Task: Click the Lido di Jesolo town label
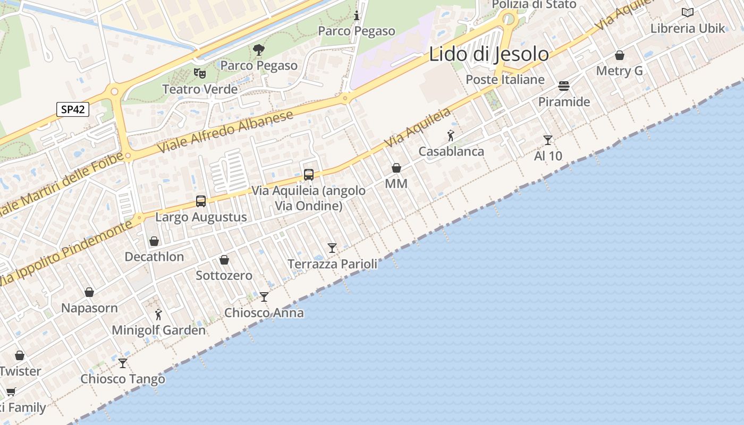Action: (x=489, y=54)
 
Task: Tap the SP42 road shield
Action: (x=73, y=109)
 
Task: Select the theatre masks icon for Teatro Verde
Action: (x=200, y=73)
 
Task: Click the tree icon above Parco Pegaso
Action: (x=259, y=50)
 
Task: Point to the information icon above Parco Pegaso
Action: (x=357, y=15)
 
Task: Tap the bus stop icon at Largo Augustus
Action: (x=201, y=201)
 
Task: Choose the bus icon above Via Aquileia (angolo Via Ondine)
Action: (x=309, y=174)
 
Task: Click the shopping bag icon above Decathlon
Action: (x=154, y=241)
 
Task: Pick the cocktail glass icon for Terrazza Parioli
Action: (x=332, y=248)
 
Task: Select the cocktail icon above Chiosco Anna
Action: (x=264, y=296)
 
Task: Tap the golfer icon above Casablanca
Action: (x=451, y=135)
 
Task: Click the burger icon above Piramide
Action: (x=564, y=86)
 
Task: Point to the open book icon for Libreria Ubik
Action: (x=688, y=12)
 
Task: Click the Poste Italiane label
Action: (x=505, y=80)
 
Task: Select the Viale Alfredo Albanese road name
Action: (x=226, y=133)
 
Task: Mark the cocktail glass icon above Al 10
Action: (x=548, y=140)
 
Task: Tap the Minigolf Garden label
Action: (x=158, y=330)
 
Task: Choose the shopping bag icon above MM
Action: (x=396, y=168)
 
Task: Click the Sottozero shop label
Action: (x=224, y=275)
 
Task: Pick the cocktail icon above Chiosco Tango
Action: (x=123, y=363)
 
